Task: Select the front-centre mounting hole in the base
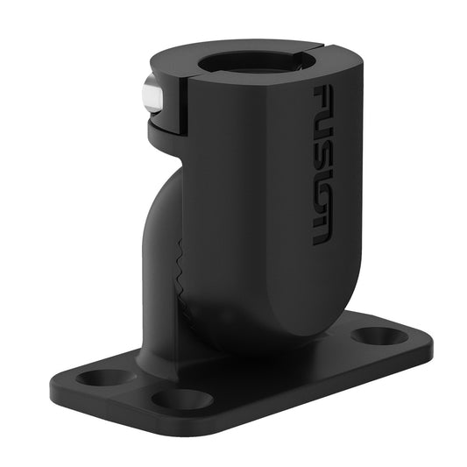click(x=181, y=400)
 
